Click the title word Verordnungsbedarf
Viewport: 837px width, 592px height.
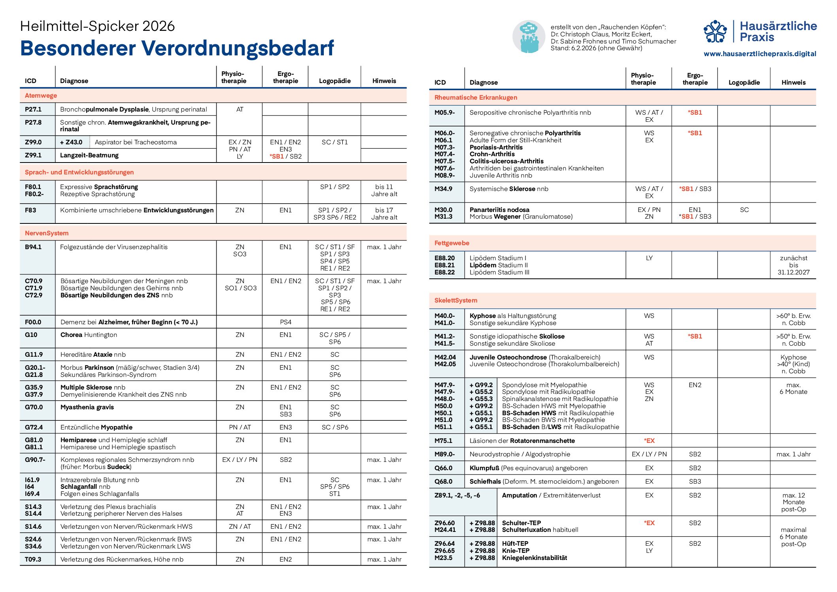(x=237, y=49)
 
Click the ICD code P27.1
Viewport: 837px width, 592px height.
(x=33, y=110)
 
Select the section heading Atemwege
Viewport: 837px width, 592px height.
(x=41, y=96)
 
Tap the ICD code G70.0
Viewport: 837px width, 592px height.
(x=34, y=407)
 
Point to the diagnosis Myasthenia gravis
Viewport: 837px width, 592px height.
(x=87, y=407)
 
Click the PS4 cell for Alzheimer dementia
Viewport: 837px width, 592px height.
(x=285, y=322)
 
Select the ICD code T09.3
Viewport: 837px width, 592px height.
(x=33, y=560)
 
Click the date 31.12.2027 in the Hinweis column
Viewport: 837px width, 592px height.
(x=793, y=272)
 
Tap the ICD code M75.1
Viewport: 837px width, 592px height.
(x=443, y=441)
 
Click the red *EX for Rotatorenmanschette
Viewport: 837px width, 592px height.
(x=649, y=441)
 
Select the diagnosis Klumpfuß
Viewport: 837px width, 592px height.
(x=484, y=468)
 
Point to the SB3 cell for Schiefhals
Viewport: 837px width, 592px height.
(x=695, y=482)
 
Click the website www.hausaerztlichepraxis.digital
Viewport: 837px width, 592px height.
(x=760, y=54)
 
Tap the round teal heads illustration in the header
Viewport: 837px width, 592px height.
(x=529, y=37)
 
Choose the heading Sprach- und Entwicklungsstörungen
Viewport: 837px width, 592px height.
(x=79, y=172)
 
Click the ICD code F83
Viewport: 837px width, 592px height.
(x=30, y=210)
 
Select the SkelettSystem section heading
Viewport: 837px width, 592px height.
(x=455, y=301)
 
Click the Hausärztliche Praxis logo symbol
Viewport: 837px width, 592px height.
(x=715, y=32)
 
